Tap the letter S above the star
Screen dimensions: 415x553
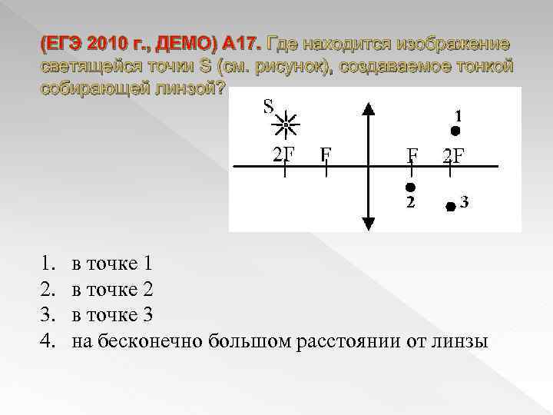point(269,105)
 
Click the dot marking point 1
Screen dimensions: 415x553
point(455,131)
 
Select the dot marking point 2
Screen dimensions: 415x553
point(411,187)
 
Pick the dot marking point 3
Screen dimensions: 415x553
point(450,206)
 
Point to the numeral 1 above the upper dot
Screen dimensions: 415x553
point(458,115)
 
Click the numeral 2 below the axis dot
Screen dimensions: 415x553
point(411,203)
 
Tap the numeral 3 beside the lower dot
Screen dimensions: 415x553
point(464,203)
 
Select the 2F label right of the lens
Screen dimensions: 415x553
point(453,157)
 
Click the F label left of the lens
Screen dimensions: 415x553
point(326,154)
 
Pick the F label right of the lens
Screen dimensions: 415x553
point(412,157)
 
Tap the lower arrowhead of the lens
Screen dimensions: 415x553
point(369,223)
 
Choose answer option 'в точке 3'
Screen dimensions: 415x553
point(112,315)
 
